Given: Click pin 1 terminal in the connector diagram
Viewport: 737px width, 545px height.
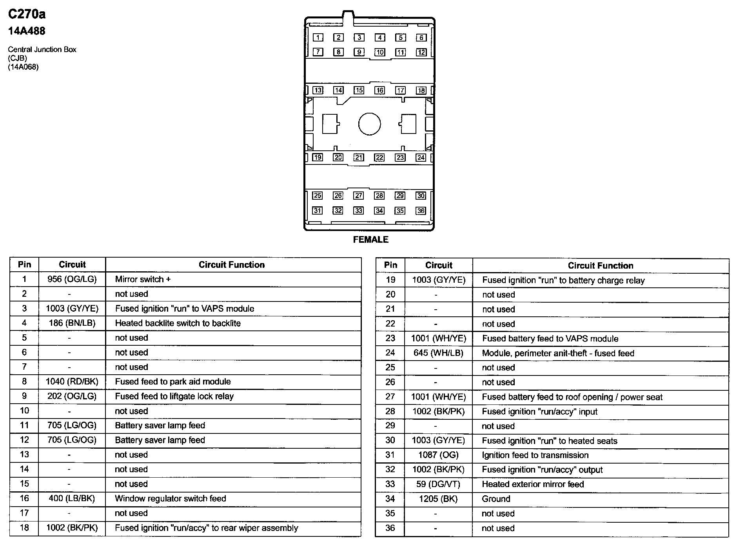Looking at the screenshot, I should pyautogui.click(x=318, y=38).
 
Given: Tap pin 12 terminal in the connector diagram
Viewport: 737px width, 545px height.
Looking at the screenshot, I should pyautogui.click(x=421, y=52).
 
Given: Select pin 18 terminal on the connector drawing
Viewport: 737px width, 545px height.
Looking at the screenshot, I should pyautogui.click(x=421, y=90).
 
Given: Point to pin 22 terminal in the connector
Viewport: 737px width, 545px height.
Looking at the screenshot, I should pyautogui.click(x=379, y=157).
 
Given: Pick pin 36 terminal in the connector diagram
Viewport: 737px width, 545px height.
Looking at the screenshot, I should pyautogui.click(x=421, y=211).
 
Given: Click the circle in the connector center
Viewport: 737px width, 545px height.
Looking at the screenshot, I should pyautogui.click(x=369, y=124).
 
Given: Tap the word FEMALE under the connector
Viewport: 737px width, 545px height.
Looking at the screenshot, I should pyautogui.click(x=370, y=240).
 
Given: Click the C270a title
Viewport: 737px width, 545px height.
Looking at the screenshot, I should pyautogui.click(x=27, y=14).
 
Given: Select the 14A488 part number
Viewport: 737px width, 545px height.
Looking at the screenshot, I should pyautogui.click(x=27, y=31).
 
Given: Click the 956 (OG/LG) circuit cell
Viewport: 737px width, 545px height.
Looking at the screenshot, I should pyautogui.click(x=72, y=279).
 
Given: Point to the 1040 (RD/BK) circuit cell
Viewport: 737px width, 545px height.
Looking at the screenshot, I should pyautogui.click(x=72, y=381).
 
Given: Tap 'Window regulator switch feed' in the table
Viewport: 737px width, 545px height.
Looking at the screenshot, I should pyautogui.click(x=170, y=498).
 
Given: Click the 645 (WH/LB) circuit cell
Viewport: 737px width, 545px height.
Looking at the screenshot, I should pyautogui.click(x=438, y=353).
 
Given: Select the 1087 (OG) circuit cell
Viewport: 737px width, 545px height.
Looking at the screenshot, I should pyautogui.click(x=438, y=455).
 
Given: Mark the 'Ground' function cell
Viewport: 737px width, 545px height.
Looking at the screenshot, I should pyautogui.click(x=496, y=499).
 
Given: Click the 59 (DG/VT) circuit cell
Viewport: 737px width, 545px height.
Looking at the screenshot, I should pyautogui.click(x=438, y=484).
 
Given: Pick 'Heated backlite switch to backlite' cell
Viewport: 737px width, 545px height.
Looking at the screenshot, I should pyautogui.click(x=178, y=323).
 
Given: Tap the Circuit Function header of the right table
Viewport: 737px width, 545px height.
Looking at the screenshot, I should pyautogui.click(x=600, y=265).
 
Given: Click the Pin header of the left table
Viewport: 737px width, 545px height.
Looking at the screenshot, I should pyautogui.click(x=24, y=265).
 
